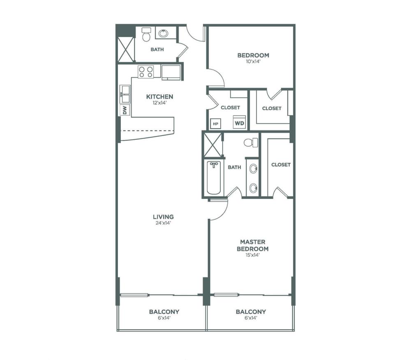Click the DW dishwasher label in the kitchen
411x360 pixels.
coord(125,110)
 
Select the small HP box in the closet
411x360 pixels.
coord(215,124)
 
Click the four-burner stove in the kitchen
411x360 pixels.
coord(146,72)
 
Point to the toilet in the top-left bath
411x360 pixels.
coord(146,35)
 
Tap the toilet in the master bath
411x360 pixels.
coord(251,143)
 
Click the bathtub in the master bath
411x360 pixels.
coord(214,178)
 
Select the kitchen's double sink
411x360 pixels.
coord(125,94)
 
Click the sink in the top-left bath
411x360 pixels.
coord(164,33)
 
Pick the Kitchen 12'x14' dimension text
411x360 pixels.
coord(159,103)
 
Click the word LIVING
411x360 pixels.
coord(163,217)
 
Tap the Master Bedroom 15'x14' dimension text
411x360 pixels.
coord(252,255)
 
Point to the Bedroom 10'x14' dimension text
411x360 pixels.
coord(253,62)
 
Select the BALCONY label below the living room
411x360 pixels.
coord(164,312)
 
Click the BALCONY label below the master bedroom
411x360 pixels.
coord(251,312)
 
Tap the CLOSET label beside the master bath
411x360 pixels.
coord(281,164)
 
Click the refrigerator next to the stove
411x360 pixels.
coord(171,72)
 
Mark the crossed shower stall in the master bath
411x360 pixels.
coord(212,145)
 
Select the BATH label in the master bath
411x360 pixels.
coord(234,167)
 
